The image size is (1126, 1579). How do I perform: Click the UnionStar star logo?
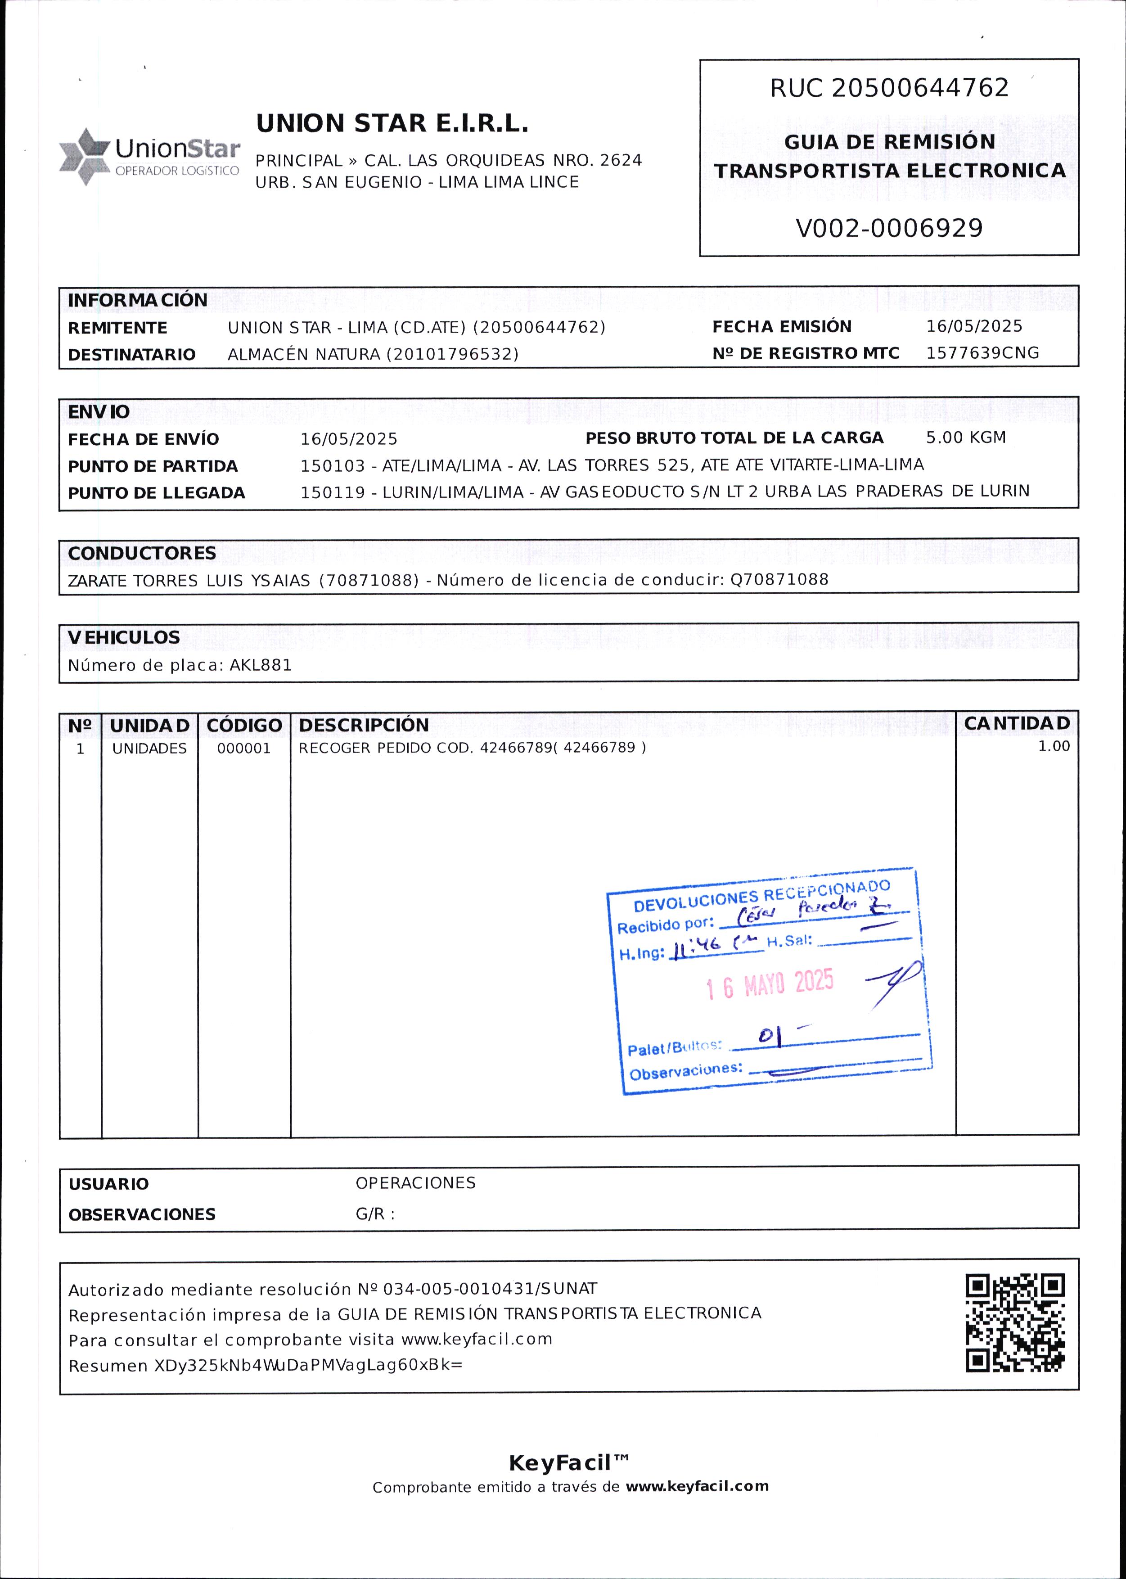pyautogui.click(x=85, y=157)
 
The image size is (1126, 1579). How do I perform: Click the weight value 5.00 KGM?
pyautogui.click(x=966, y=438)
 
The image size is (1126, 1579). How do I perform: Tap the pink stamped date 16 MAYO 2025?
pyautogui.click(x=770, y=985)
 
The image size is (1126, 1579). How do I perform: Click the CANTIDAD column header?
pyautogui.click(x=1017, y=723)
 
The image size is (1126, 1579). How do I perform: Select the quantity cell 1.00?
pyautogui.click(x=1053, y=746)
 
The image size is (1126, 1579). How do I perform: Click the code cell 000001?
pyautogui.click(x=243, y=749)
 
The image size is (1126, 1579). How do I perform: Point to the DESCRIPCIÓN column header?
pyautogui.click(x=364, y=725)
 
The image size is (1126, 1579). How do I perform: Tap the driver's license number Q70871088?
pyautogui.click(x=779, y=580)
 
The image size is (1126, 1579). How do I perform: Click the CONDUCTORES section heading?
pyautogui.click(x=142, y=553)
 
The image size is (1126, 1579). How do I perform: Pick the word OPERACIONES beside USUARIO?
pyautogui.click(x=415, y=1183)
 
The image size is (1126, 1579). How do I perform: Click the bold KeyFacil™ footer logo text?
pyautogui.click(x=568, y=1463)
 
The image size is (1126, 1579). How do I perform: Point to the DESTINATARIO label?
pyautogui.click(x=132, y=355)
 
